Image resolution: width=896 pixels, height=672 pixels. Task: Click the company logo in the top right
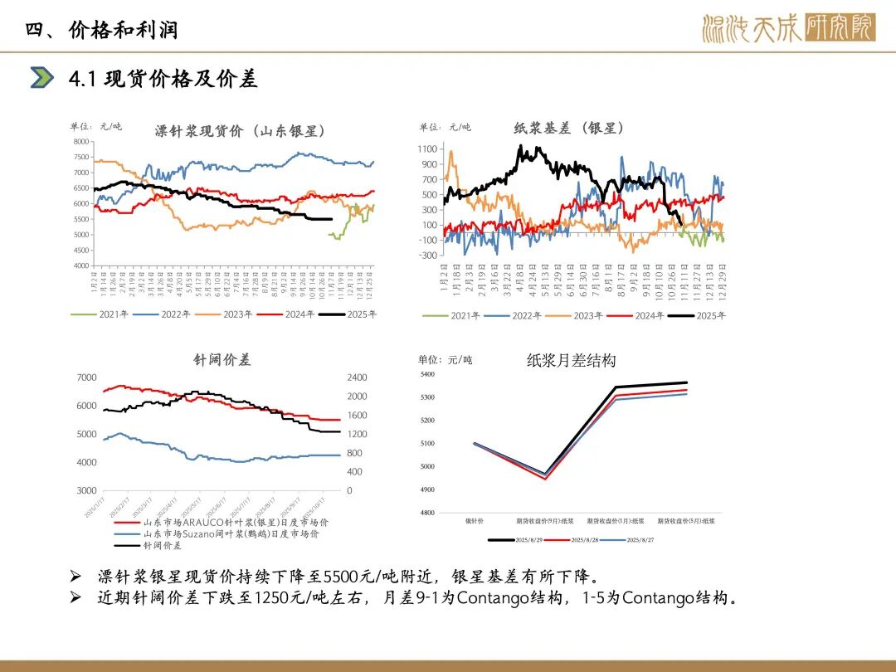click(x=788, y=28)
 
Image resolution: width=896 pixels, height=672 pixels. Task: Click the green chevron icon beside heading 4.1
click(x=41, y=78)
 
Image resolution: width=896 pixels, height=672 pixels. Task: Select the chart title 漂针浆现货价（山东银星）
click(x=240, y=131)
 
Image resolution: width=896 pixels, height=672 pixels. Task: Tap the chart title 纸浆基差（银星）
click(x=569, y=128)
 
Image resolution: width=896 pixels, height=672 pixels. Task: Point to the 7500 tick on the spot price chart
click(x=80, y=157)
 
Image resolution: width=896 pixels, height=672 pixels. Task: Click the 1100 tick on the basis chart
click(x=427, y=149)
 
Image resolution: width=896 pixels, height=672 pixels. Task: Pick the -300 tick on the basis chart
click(x=427, y=256)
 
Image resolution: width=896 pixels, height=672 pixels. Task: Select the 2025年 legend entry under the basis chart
click(x=699, y=315)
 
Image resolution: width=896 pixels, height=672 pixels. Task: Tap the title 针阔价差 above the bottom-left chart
click(x=222, y=360)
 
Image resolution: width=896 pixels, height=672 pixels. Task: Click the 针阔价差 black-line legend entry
click(x=163, y=546)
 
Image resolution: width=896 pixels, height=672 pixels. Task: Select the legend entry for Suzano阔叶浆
click(x=236, y=534)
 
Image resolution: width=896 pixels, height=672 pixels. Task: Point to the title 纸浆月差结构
click(x=572, y=360)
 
